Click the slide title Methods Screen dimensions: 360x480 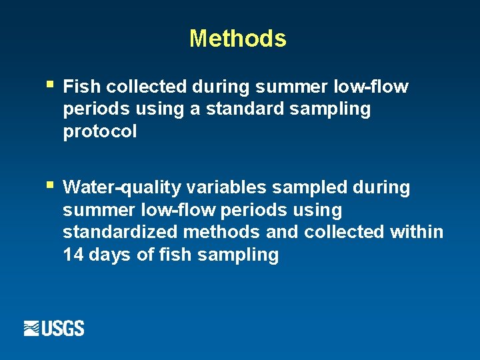point(237,39)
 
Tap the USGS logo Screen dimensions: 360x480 point(54,328)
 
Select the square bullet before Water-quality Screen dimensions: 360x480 point(51,184)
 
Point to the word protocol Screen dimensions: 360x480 point(100,132)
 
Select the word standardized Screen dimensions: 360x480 point(121,232)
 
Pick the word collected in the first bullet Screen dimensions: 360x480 point(146,87)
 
